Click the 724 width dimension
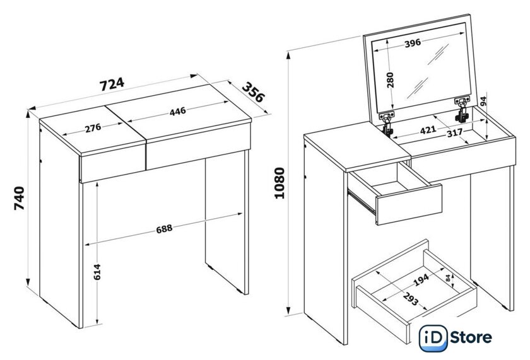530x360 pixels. tap(112, 84)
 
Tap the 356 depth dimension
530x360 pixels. tap(254, 92)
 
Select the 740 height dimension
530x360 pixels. tap(20, 198)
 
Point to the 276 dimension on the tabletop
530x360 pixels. tap(93, 127)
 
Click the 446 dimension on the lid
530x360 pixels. tap(178, 111)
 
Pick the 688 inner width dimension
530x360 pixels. tap(164, 229)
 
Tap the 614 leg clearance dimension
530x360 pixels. tap(97, 272)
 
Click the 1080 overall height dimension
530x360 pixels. tap(280, 183)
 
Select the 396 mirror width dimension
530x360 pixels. tap(413, 43)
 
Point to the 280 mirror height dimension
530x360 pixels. tap(390, 79)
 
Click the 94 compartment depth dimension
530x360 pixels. tap(483, 101)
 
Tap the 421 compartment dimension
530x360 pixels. tap(428, 130)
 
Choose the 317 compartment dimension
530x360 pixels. tap(455, 133)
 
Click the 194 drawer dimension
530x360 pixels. tap(421, 280)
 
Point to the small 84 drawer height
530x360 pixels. tap(448, 278)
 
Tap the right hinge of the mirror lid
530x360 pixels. tap(462, 108)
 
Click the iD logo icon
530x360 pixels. tap(433, 338)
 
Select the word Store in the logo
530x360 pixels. tap(471, 337)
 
